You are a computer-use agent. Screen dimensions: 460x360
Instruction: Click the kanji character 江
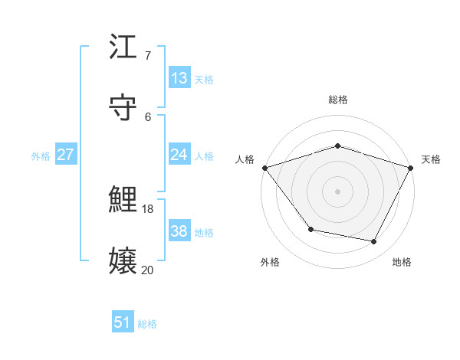[123, 48]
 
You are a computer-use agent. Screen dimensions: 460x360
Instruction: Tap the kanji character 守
[123, 108]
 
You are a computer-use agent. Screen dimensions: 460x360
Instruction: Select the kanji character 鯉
[123, 200]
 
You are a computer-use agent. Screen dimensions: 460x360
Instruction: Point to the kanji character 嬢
[123, 260]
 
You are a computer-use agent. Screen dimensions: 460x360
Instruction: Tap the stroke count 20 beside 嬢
[148, 269]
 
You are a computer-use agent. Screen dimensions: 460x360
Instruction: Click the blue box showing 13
[179, 78]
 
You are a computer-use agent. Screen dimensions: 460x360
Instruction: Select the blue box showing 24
[179, 155]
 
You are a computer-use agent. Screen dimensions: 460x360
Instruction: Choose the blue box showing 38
[179, 231]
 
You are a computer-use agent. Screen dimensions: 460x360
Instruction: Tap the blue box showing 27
[65, 155]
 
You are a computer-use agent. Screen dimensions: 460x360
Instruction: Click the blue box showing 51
[123, 322]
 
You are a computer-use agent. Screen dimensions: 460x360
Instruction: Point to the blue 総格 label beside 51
[147, 324]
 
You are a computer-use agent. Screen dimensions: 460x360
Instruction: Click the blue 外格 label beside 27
[41, 156]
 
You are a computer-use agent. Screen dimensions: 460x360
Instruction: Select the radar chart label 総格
[338, 100]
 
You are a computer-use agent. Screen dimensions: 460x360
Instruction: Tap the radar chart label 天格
[431, 159]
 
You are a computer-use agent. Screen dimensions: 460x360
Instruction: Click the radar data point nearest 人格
[264, 168]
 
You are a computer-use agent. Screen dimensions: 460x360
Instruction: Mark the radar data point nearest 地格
[374, 242]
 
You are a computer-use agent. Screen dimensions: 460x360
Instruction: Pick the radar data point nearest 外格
[310, 229]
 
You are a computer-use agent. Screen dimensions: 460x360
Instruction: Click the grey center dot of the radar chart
[337, 191]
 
